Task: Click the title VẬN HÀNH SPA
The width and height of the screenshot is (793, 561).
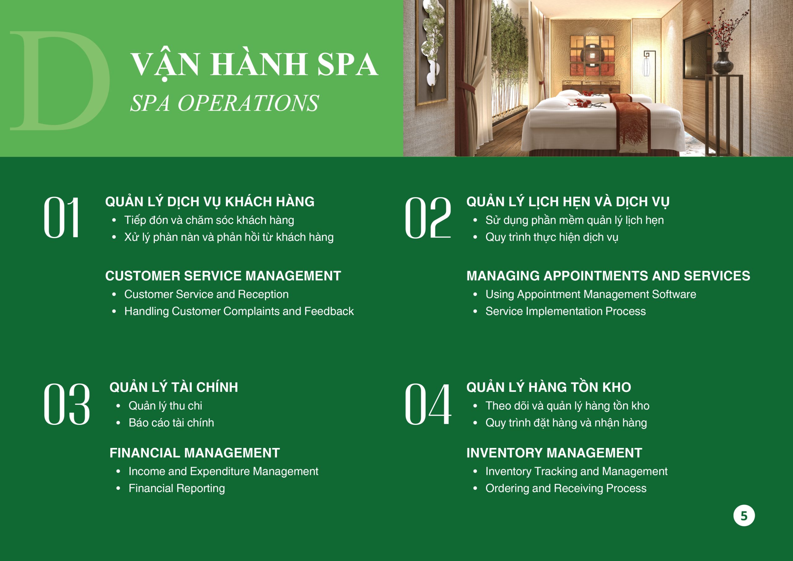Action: coord(255,65)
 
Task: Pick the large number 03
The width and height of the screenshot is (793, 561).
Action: coord(67,404)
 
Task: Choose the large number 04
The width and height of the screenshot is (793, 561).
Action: coord(428,404)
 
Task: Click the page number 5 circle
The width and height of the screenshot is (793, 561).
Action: coord(744,516)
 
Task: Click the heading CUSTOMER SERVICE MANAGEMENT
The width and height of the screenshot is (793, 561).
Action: coord(223,276)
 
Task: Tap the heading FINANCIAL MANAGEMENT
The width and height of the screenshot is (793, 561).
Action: coord(195,453)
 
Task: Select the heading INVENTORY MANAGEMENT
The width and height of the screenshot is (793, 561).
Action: coord(554,453)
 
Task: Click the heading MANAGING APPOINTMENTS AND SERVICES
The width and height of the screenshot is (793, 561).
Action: coord(608,276)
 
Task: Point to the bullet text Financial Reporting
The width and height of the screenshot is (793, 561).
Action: coord(177,489)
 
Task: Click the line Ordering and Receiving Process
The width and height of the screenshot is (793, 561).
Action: coord(566,489)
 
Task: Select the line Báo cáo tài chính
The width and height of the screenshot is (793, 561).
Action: coord(171,423)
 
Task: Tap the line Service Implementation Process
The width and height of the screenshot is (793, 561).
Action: coord(565,311)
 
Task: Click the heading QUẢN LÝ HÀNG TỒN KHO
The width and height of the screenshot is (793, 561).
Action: coord(549,387)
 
